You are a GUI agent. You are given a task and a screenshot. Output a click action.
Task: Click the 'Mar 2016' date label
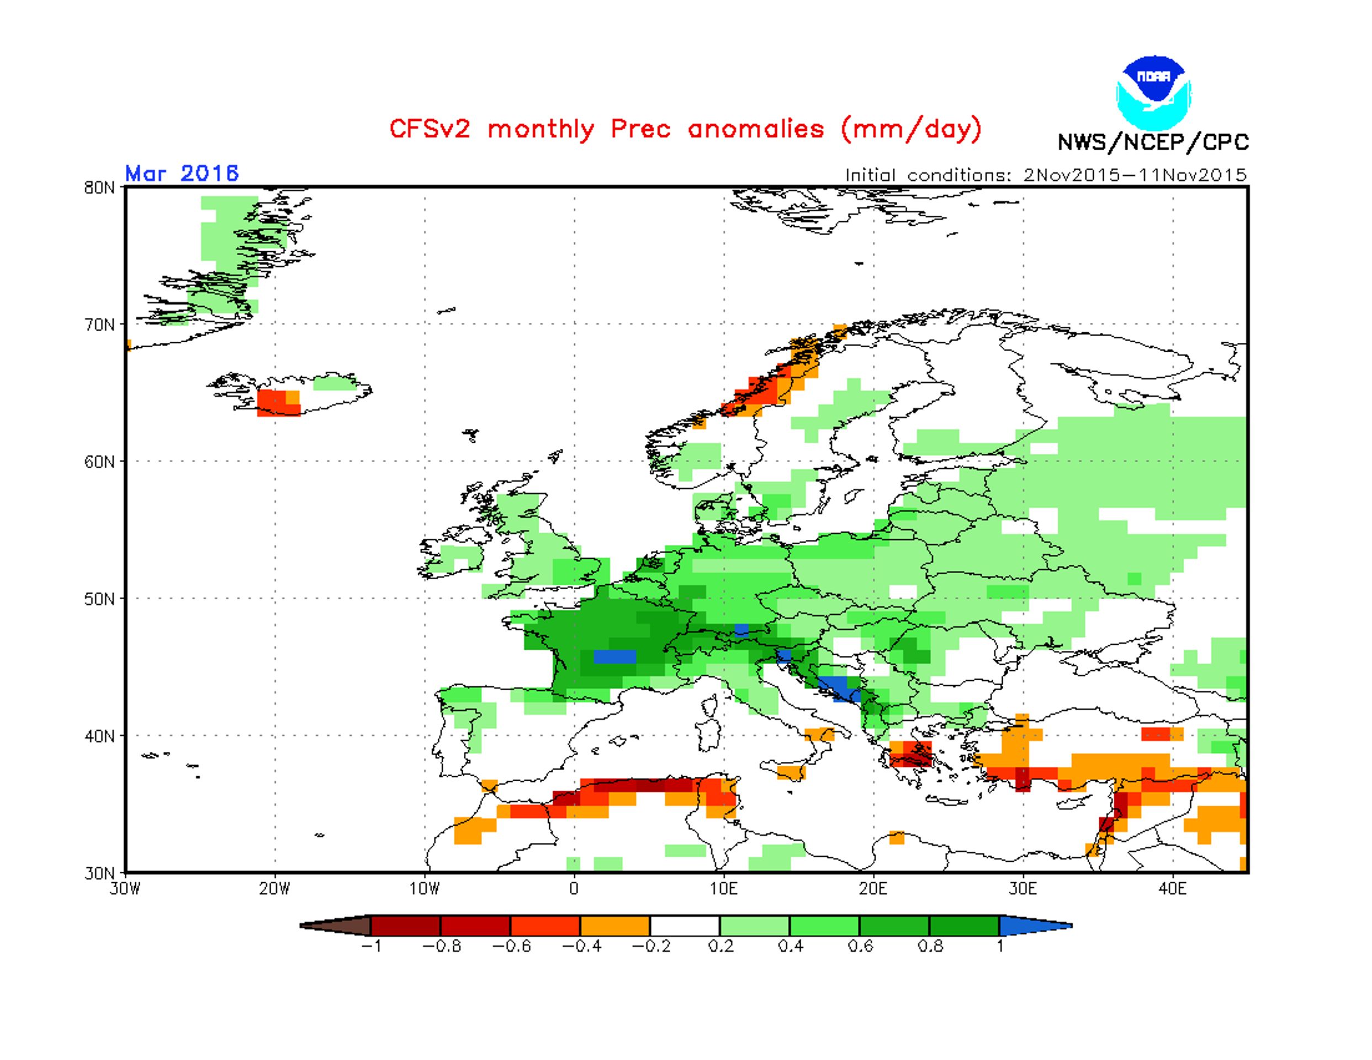pyautogui.click(x=182, y=173)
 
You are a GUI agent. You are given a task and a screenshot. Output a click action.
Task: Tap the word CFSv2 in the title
pyautogui.click(x=429, y=129)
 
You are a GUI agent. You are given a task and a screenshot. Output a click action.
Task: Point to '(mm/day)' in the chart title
pyautogui.click(x=911, y=129)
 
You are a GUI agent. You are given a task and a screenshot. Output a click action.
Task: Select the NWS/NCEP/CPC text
pyautogui.click(x=1153, y=142)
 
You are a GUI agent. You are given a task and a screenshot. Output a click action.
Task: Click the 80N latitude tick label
pyautogui.click(x=100, y=187)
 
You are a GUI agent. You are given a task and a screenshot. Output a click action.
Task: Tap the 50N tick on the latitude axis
pyautogui.click(x=100, y=598)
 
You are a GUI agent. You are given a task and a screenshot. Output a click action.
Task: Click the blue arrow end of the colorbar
pyautogui.click(x=1036, y=925)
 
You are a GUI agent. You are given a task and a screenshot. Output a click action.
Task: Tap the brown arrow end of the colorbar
pyautogui.click(x=336, y=925)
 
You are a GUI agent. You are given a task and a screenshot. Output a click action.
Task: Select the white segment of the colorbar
pyautogui.click(x=685, y=925)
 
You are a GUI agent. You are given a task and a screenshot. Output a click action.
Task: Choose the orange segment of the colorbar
pyautogui.click(x=615, y=925)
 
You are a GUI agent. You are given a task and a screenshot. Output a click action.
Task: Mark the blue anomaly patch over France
pyautogui.click(x=615, y=656)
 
